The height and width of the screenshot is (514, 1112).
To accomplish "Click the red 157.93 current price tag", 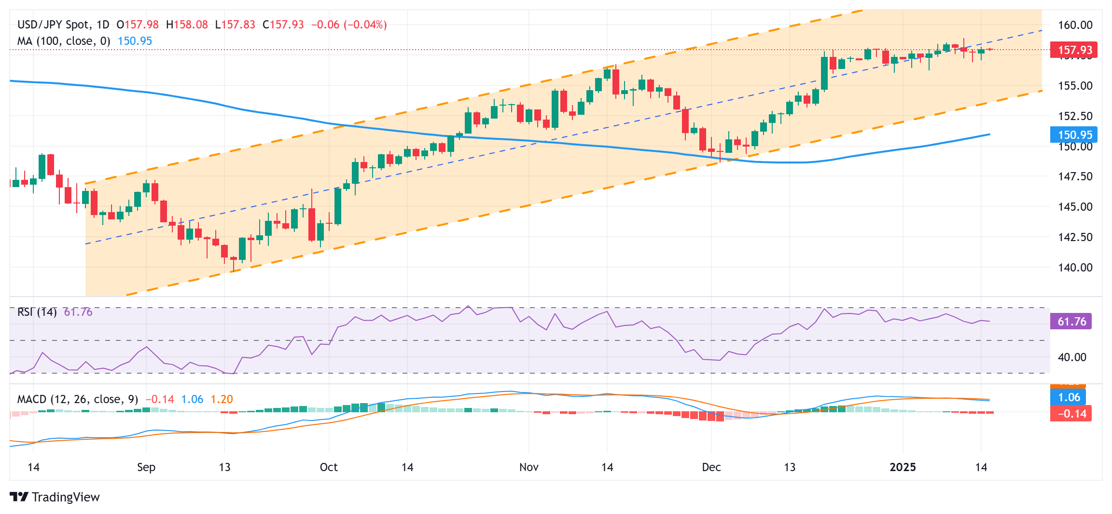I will click(1074, 50).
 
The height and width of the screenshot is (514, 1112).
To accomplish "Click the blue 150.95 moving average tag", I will click(1074, 135).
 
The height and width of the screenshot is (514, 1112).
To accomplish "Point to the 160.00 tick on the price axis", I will click(1075, 25).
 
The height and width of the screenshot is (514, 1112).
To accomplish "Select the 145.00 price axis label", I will click(1075, 207).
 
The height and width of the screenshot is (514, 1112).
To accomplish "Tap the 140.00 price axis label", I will click(1075, 268).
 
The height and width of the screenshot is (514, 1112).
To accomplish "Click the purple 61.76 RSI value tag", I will click(1071, 322).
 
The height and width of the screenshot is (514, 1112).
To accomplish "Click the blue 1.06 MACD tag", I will click(1069, 397).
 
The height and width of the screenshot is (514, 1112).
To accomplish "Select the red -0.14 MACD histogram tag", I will click(1071, 414).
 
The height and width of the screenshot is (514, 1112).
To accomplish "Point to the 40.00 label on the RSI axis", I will click(1071, 357).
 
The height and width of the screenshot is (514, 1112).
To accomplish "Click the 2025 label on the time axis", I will click(903, 467).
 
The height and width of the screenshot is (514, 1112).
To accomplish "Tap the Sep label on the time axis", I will click(146, 467).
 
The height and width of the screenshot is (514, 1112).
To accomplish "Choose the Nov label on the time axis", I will click(528, 467).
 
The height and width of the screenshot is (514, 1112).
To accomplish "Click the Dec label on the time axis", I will click(711, 467).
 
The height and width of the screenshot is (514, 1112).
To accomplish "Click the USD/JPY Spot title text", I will click(53, 25).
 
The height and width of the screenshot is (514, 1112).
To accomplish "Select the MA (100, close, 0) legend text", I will click(63, 41).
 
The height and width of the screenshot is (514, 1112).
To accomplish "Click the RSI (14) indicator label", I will click(37, 312).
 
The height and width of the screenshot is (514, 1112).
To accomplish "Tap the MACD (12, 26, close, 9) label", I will click(77, 399).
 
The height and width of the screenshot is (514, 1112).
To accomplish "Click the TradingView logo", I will click(55, 497).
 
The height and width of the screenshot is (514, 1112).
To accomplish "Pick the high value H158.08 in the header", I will click(187, 25).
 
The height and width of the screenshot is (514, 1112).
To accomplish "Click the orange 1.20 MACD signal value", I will click(222, 399).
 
